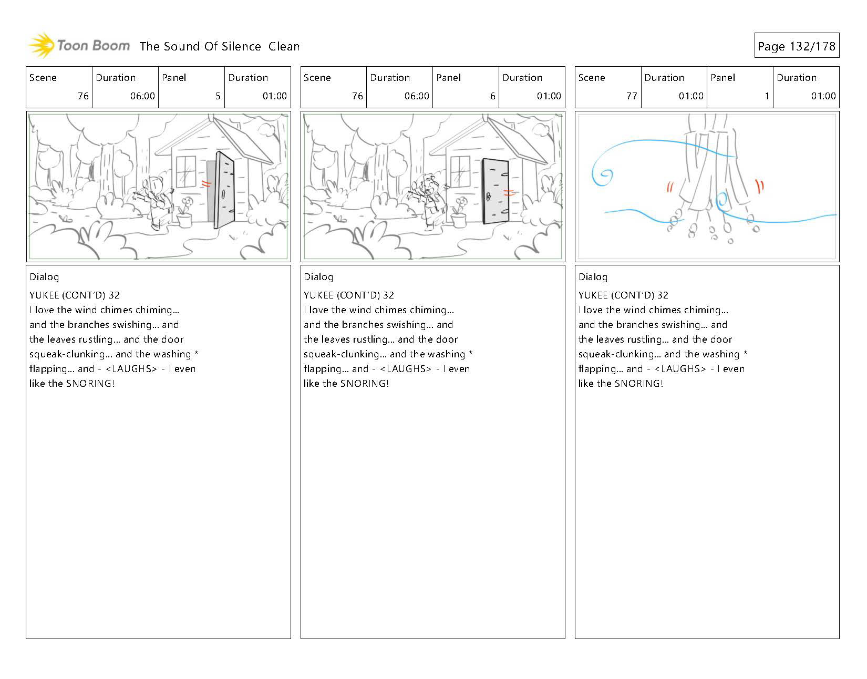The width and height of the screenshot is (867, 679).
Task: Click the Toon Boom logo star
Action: [x=42, y=45]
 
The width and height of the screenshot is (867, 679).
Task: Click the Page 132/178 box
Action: [x=796, y=46]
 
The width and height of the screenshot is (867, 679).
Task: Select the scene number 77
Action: [x=632, y=96]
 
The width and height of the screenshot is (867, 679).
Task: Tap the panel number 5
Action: [x=218, y=96]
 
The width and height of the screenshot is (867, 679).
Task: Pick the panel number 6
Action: [x=492, y=96]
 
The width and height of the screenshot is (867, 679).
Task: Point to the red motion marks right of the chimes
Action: [x=760, y=185]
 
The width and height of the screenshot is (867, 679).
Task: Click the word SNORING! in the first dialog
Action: [x=90, y=384]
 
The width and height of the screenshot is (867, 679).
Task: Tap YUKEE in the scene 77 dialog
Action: [x=593, y=295]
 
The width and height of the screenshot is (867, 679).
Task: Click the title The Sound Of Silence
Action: [x=200, y=46]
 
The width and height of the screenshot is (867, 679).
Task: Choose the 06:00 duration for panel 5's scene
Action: [x=142, y=96]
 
